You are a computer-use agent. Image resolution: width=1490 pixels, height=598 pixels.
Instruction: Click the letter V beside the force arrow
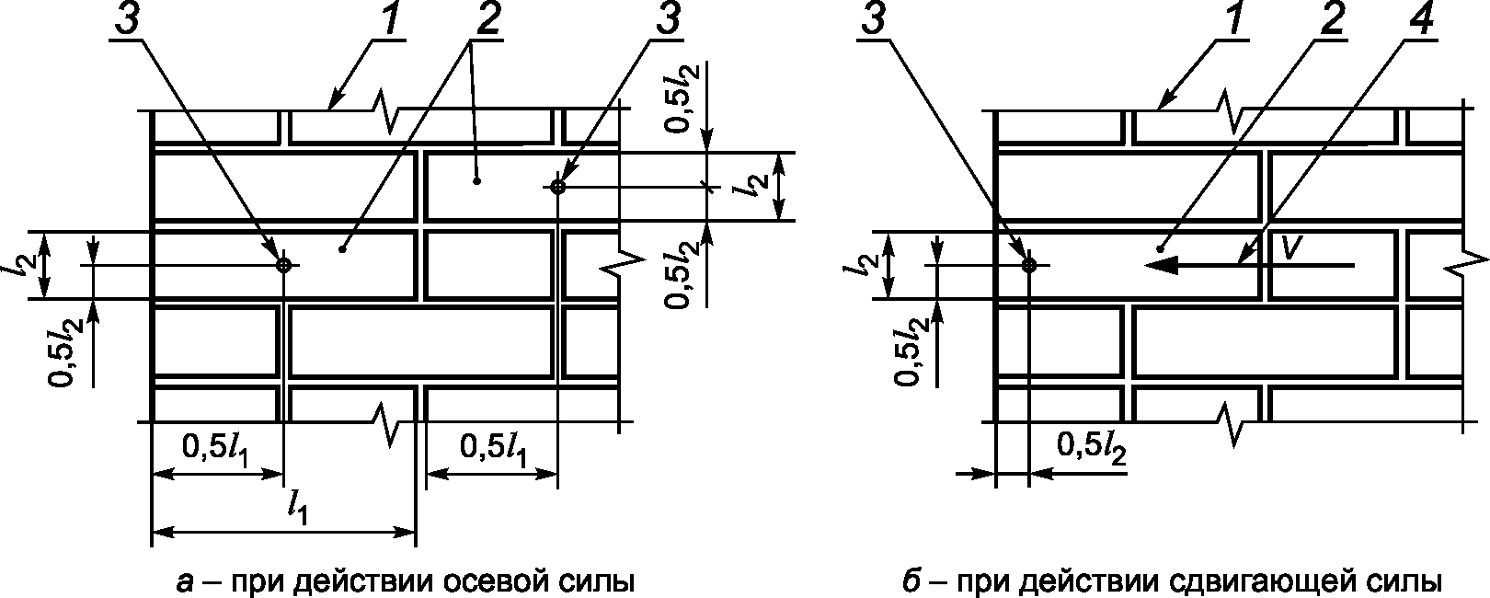[1292, 247]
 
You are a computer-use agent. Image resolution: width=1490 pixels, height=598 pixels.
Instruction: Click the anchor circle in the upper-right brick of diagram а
[557, 187]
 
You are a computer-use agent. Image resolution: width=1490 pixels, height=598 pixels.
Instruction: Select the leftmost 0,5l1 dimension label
[217, 447]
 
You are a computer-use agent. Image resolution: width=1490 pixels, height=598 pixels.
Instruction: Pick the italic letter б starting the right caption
[910, 582]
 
